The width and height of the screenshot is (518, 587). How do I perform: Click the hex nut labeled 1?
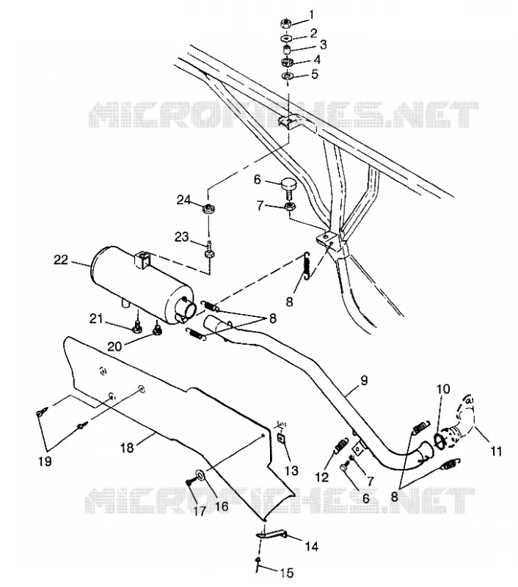(x=285, y=23)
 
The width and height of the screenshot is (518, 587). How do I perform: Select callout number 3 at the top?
(x=323, y=45)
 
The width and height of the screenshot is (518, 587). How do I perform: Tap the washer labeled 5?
(x=287, y=76)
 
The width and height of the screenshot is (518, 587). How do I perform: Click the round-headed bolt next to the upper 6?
(x=289, y=187)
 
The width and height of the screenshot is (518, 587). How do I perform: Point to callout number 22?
(x=61, y=260)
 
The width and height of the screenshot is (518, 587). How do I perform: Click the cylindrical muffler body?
(x=141, y=285)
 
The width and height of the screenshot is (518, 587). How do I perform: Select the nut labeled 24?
(x=208, y=209)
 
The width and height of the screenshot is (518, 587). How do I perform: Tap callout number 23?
(x=182, y=237)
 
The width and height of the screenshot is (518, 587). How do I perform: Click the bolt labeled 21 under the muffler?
(x=137, y=327)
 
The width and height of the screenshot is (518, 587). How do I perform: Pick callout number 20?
(x=114, y=346)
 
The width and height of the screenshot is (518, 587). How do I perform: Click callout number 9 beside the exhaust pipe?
(x=364, y=380)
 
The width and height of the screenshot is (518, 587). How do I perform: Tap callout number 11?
(x=496, y=451)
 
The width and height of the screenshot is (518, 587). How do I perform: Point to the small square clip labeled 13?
(x=282, y=438)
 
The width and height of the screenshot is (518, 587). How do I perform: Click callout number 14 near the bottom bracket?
(x=311, y=547)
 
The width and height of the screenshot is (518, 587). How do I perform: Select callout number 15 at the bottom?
(x=287, y=572)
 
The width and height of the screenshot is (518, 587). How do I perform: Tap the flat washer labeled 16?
(x=200, y=475)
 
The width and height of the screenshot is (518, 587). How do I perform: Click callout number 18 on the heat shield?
(x=127, y=448)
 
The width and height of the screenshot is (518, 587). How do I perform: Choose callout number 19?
(x=45, y=462)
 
